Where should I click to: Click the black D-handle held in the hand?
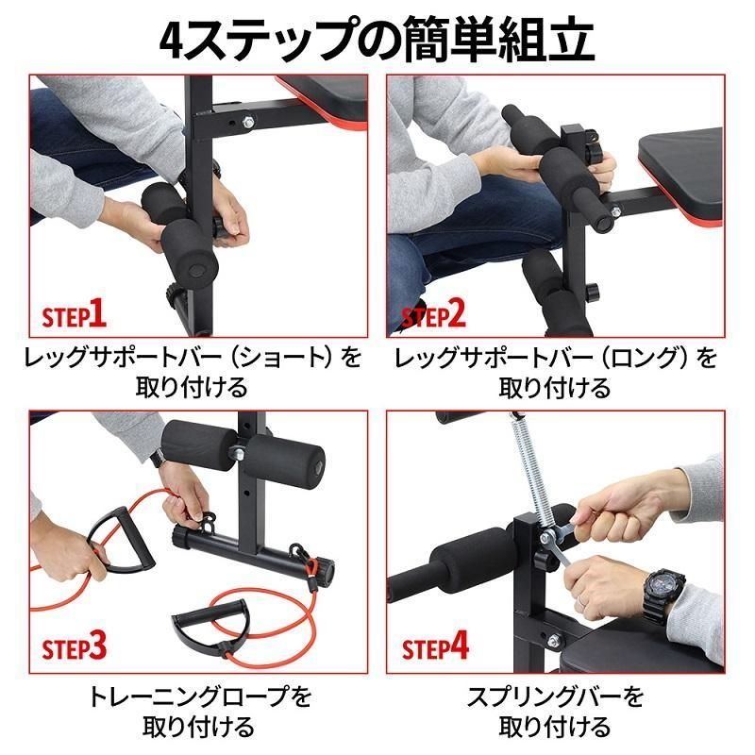tap(110, 545)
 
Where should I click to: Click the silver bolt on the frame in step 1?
tap(248, 120)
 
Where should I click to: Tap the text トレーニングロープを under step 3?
tap(198, 697)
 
